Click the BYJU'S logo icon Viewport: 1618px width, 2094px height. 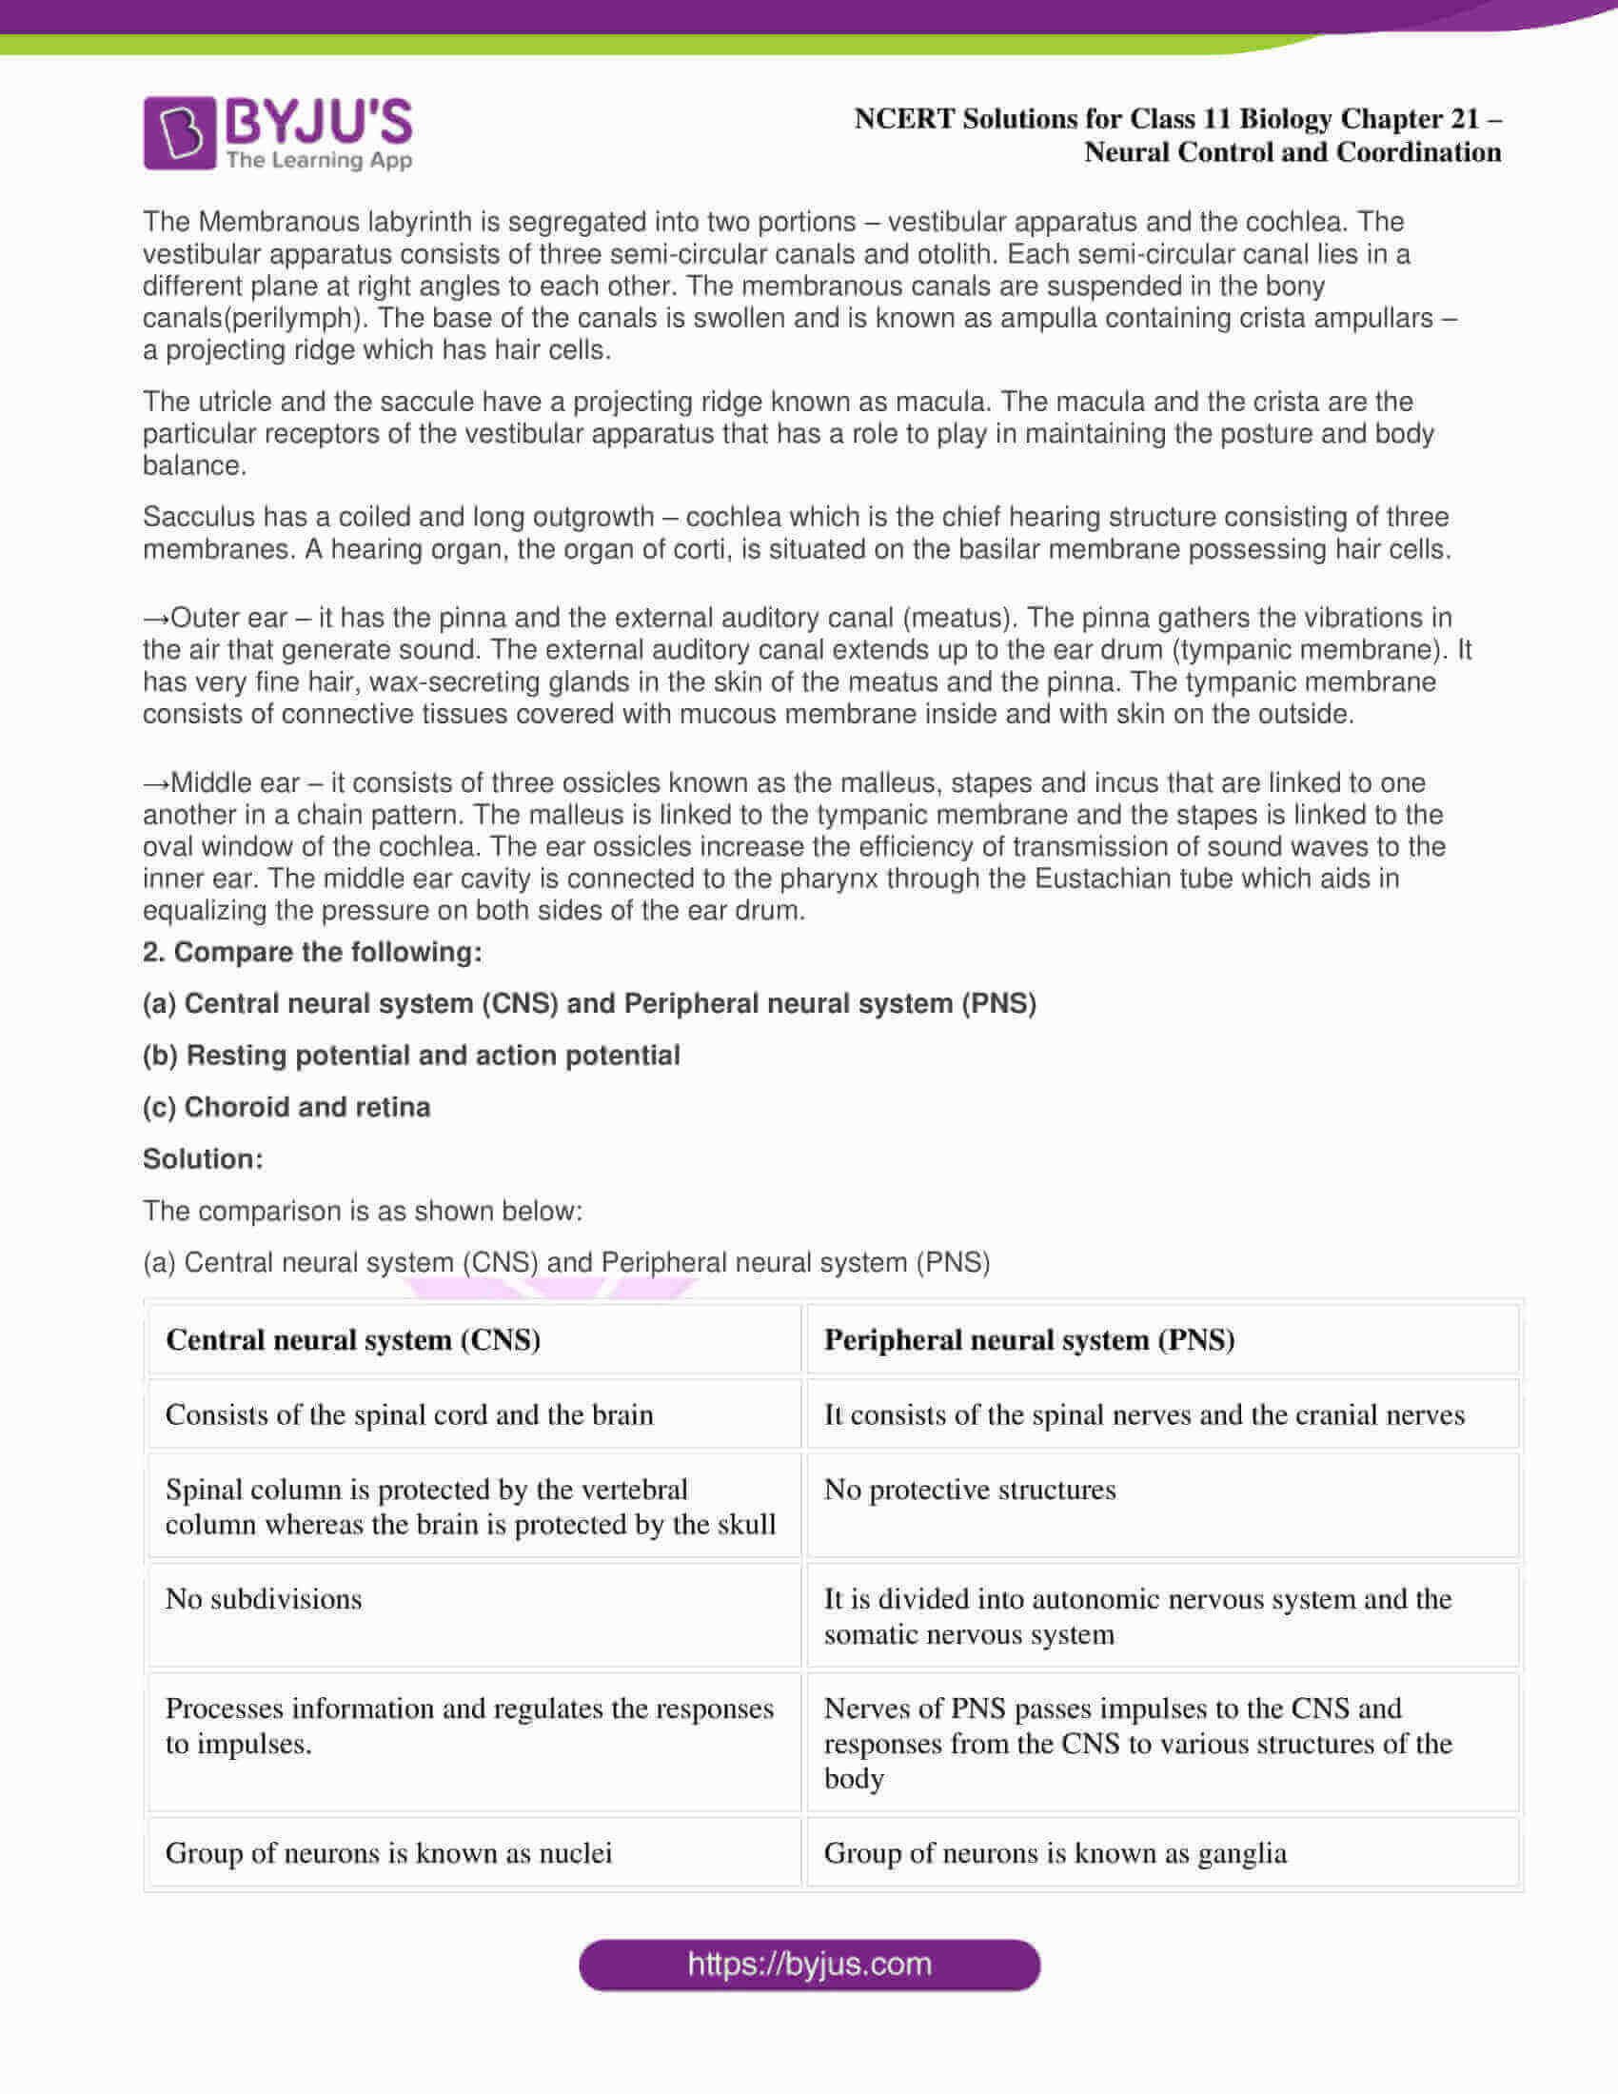coord(179,133)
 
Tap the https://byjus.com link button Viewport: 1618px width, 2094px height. coord(809,1965)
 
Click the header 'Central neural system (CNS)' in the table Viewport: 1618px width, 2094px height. coord(353,1339)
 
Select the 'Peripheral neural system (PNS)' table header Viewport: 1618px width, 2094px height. coord(1029,1339)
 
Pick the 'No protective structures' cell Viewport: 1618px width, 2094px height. coord(969,1489)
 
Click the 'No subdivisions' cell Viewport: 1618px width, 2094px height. coord(264,1598)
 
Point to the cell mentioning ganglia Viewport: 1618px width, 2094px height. coord(1055,1852)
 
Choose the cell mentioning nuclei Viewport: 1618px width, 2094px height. coord(388,1852)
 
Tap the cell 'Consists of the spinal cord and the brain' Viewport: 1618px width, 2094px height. coord(409,1414)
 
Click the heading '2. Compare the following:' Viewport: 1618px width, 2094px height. coord(312,952)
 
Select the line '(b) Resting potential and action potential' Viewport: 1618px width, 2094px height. coord(411,1056)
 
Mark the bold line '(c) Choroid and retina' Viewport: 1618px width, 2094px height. coord(286,1107)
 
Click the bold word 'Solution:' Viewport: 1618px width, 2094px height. coord(202,1159)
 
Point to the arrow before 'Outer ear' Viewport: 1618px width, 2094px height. coord(155,619)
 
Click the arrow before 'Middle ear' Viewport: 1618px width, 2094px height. coord(155,783)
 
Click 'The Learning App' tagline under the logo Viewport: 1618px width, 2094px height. coord(319,160)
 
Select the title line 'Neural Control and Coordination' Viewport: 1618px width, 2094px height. coord(1292,152)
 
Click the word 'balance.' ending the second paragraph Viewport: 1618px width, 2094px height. coord(194,466)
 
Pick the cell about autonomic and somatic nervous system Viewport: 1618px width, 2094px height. coord(1136,1616)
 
